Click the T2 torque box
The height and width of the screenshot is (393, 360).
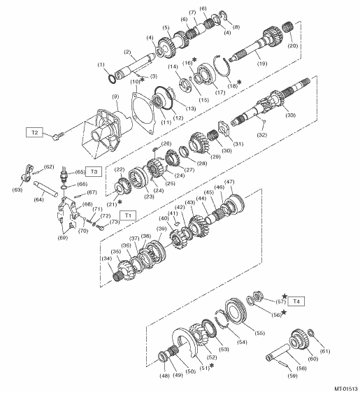pos(34,132)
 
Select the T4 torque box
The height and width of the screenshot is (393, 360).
pos(296,301)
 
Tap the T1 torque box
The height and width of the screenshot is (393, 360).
pos(128,215)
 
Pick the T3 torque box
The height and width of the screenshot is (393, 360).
pos(94,171)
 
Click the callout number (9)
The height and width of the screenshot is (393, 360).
pos(115,97)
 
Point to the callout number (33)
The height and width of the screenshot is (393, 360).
pos(291,115)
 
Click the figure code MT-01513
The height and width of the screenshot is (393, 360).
pos(346,389)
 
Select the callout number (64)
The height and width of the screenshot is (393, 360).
pos(39,199)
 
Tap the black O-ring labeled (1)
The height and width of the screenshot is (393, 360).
pos(112,79)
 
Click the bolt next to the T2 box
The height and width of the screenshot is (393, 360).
pos(58,136)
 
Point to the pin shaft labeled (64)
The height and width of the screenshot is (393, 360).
pos(45,189)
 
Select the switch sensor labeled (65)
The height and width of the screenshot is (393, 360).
pos(64,173)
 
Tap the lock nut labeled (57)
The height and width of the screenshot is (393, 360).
pos(257,296)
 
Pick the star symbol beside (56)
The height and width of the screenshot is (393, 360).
pos(284,312)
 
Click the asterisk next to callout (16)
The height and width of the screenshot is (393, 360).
pos(194,59)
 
